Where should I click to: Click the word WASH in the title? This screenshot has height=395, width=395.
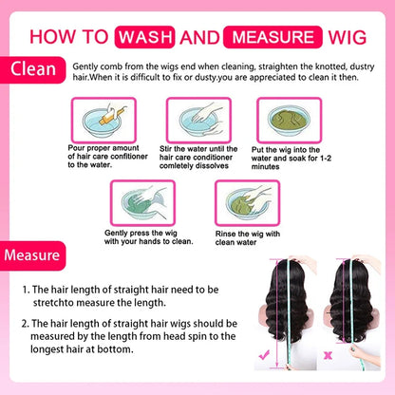pos(144,37)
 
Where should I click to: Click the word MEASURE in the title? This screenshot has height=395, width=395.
pos(273,37)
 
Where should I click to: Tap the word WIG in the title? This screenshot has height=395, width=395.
pos(348,37)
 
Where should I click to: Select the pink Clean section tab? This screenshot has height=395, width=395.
pos(32,69)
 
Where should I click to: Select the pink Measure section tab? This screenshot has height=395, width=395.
pos(32,255)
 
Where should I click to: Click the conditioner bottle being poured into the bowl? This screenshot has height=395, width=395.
pos(112,116)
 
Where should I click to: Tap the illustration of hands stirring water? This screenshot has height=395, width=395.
pos(198,120)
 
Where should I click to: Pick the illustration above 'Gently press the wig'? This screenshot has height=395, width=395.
pos(142,203)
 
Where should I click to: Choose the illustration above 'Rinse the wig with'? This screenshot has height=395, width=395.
pos(247,203)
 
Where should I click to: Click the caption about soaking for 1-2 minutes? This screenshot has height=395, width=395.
pos(292,159)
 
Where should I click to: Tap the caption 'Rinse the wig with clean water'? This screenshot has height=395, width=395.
pos(248,238)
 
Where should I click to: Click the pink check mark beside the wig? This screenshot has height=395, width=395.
pos(264,355)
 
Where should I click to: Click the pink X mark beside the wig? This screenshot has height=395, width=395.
pos(328,355)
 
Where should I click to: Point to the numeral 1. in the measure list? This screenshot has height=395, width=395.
pos(27,290)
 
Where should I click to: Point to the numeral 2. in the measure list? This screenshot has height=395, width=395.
pos(26,324)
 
